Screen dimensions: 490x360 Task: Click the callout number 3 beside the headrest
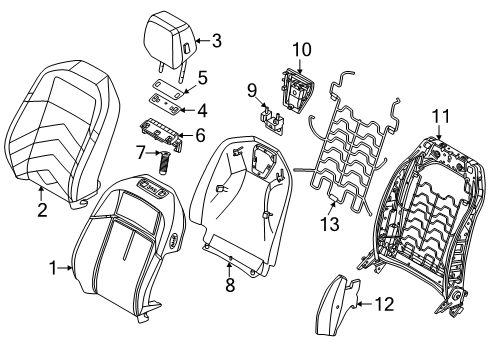coord(216,41)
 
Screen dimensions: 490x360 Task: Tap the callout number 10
coord(302,49)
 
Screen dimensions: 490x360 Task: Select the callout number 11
coord(441,116)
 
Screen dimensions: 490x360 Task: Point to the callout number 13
coord(330,224)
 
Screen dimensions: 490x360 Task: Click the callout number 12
coord(384,304)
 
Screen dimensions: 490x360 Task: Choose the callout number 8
coord(230,285)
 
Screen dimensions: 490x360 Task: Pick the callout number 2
coord(42,210)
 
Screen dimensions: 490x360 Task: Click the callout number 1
coord(53,268)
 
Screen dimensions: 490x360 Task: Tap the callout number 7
coord(140,153)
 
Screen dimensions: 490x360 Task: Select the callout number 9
coord(252,91)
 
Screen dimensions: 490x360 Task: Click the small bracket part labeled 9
coord(272,121)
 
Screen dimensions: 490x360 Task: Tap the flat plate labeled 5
coord(168,89)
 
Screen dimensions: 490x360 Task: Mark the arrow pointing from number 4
coord(188,110)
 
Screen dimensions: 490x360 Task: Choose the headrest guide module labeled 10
coord(297,90)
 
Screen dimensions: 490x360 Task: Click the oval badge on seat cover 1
coord(174,240)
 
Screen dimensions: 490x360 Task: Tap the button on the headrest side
coord(186,48)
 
